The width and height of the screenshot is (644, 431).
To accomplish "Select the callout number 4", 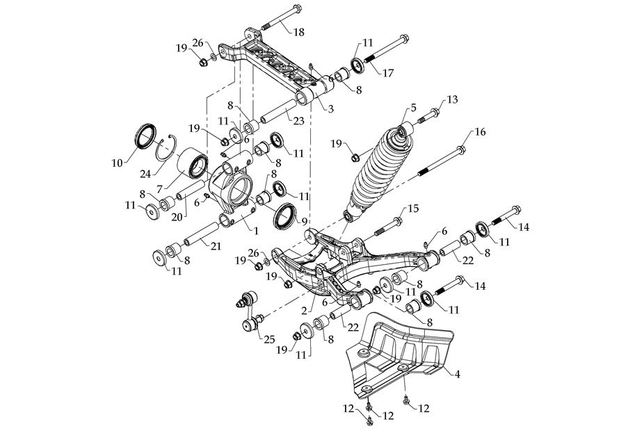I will tap(457, 373).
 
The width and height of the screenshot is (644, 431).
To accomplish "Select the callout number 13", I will tap(453, 99).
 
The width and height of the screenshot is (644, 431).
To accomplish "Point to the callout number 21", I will tap(216, 244).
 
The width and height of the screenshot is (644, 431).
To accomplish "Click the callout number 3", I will tap(331, 109).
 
